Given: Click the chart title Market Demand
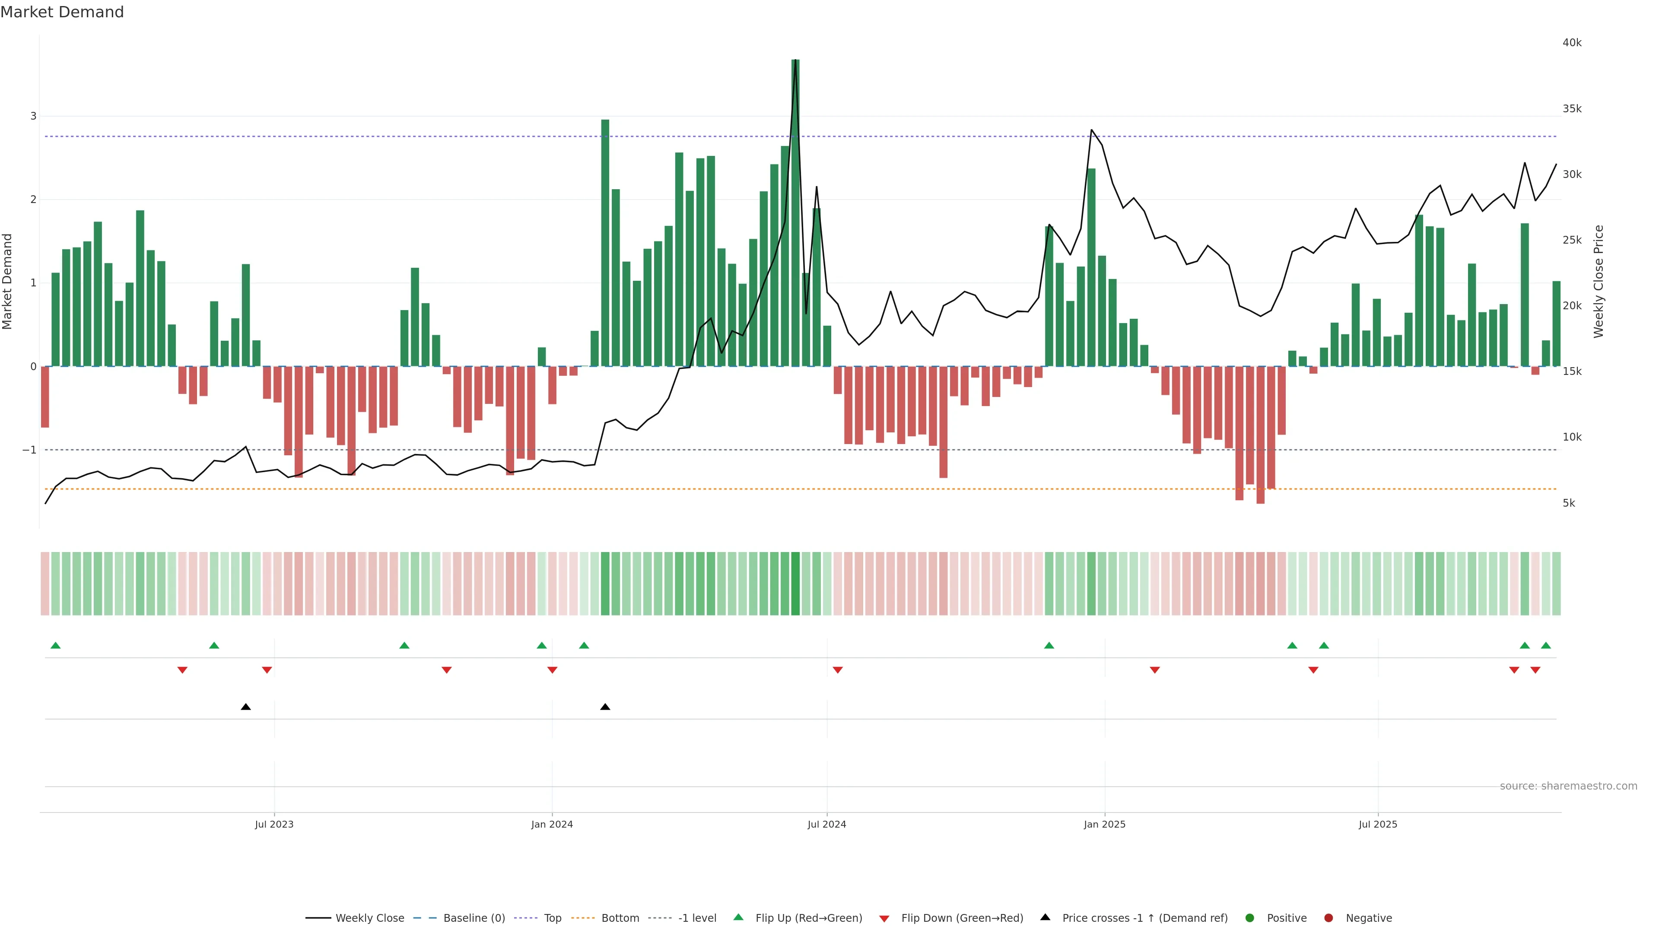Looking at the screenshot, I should coord(62,12).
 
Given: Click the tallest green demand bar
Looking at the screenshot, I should coord(795,213).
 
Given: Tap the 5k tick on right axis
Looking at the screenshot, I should coord(1569,503).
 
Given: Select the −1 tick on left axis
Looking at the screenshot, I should coord(29,450).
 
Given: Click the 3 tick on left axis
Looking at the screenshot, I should coord(34,117).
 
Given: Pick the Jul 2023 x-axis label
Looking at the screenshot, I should coord(274,824).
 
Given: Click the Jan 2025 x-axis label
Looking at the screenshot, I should coord(1105,824).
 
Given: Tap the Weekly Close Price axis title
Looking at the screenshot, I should coord(1599,281).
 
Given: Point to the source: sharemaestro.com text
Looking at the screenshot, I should coord(1568,786).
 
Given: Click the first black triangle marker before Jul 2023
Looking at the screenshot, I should coord(245,707).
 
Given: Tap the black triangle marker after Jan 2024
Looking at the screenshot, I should coord(605,707).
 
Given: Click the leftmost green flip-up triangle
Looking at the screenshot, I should coord(55,645).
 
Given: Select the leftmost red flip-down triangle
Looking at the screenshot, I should coord(182,670).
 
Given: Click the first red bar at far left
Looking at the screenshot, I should coord(45,397).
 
